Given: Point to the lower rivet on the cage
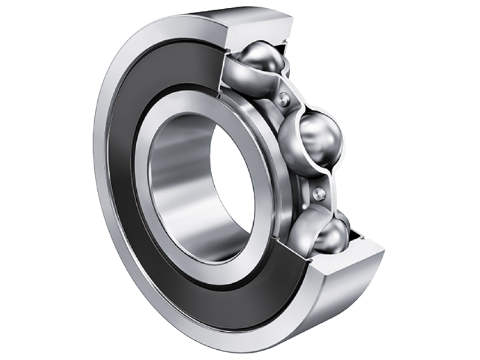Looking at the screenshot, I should pos(319,193).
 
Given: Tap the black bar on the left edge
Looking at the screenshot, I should pos(24,180).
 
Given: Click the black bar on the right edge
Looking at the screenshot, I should pos(456,180).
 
